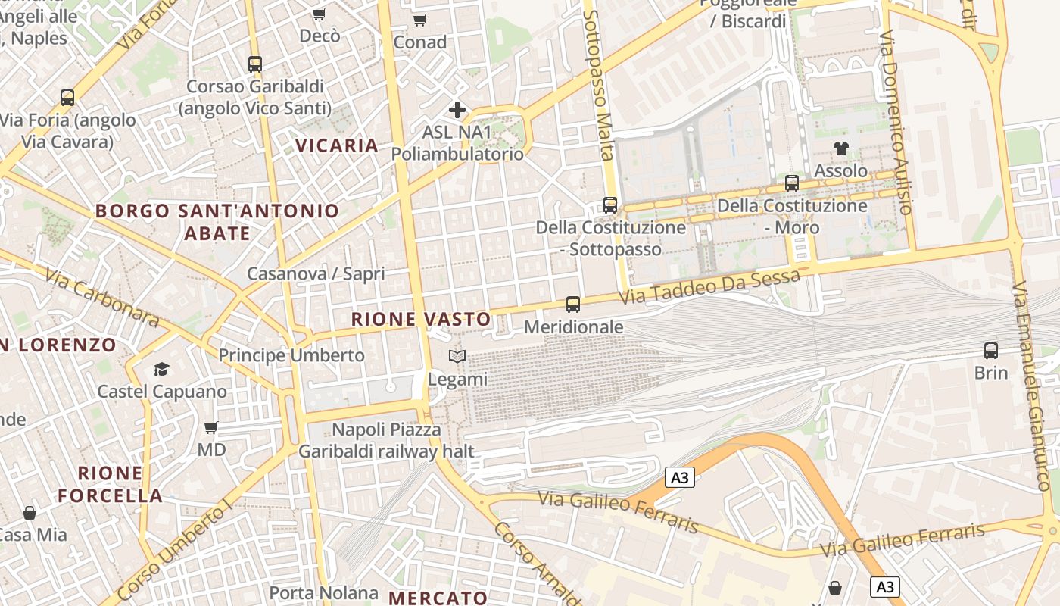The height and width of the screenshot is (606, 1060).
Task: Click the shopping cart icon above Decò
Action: (319, 14)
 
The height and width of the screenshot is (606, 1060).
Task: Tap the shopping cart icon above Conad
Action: (419, 20)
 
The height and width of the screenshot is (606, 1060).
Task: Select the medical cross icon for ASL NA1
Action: (457, 110)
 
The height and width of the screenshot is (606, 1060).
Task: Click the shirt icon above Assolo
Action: (840, 148)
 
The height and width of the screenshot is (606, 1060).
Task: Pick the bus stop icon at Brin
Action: (991, 350)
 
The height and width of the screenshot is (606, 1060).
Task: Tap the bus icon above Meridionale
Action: (573, 305)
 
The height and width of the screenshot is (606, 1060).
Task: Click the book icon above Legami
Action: (457, 356)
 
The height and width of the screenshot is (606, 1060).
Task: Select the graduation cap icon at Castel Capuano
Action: (161, 369)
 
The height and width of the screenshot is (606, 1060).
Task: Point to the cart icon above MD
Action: (211, 427)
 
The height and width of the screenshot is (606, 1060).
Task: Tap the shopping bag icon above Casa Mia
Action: (30, 513)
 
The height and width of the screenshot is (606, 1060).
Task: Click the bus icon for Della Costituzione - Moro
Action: (792, 183)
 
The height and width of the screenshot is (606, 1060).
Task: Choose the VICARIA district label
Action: (336, 145)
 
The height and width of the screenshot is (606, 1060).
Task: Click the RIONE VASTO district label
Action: (421, 320)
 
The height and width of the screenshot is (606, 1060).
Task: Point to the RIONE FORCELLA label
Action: (111, 485)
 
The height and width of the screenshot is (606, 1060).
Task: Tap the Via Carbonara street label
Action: (101, 297)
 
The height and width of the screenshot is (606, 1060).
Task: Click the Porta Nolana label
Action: (324, 592)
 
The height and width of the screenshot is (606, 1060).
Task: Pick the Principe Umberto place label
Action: (291, 355)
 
